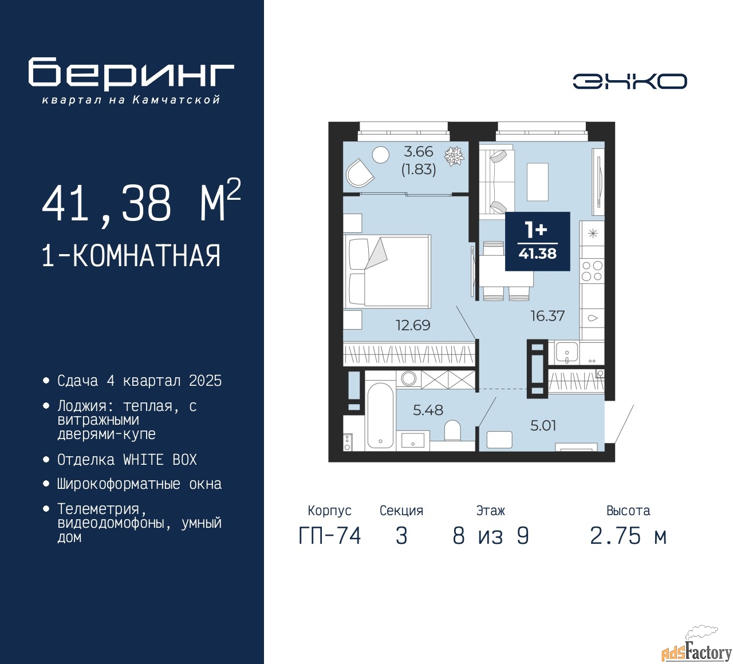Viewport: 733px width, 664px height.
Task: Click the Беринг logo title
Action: pos(131,73)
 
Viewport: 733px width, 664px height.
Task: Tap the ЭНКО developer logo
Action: pos(629,81)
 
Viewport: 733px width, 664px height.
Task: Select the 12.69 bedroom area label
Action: pos(413,325)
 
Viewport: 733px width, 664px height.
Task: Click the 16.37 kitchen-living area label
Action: pos(547,315)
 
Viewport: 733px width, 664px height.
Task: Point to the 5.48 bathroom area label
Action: pos(428,410)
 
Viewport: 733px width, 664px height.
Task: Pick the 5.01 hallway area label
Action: pos(543,425)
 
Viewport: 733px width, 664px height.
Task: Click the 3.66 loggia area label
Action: pos(419,151)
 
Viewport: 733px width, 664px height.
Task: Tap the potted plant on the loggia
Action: pos(454,156)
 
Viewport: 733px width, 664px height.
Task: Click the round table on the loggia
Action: pos(380,155)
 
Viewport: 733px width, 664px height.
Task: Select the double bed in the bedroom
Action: pos(387,271)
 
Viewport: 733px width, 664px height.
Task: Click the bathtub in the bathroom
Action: pos(380,416)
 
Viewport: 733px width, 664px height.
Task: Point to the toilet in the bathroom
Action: pos(452,430)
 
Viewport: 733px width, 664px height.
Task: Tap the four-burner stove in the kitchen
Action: pos(592,271)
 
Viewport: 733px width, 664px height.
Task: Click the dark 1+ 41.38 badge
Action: pos(538,241)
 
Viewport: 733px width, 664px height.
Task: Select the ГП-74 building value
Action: pos(330,536)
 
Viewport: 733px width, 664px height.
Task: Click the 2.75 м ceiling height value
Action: pos(628,536)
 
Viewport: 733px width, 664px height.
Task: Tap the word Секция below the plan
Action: pos(401,510)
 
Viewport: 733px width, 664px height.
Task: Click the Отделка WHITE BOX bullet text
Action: pos(127,460)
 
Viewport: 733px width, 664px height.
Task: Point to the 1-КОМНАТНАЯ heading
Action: pos(131,256)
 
